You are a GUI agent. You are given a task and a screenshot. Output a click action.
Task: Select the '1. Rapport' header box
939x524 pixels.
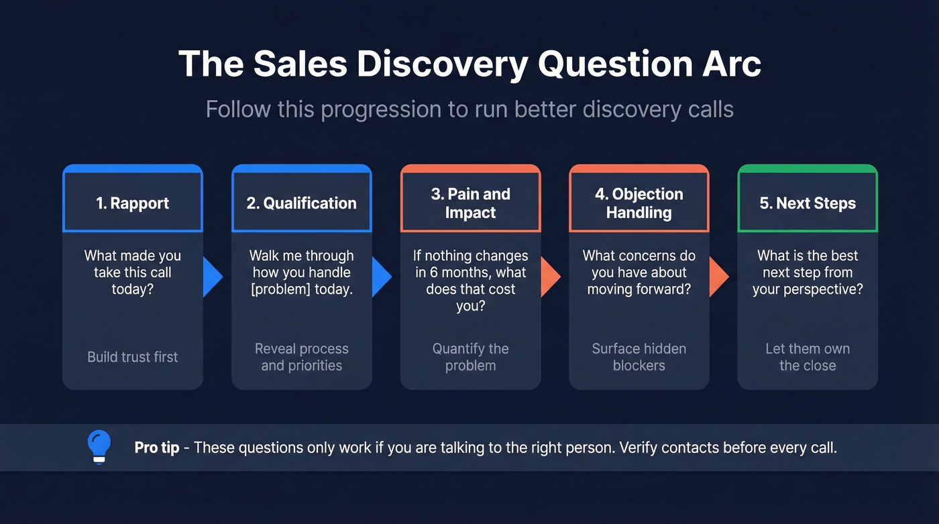[133, 203]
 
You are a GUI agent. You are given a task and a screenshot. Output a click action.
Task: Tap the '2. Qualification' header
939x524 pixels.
[301, 203]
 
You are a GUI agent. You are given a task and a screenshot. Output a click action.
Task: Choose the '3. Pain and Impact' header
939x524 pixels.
[470, 203]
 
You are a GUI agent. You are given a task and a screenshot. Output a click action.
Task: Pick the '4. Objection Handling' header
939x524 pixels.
[639, 203]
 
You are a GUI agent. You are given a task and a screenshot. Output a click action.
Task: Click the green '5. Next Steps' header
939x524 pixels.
[808, 203]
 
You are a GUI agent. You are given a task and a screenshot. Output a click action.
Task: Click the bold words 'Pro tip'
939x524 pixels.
[156, 448]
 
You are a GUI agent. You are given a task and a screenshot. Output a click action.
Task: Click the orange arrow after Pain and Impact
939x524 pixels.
[550, 276]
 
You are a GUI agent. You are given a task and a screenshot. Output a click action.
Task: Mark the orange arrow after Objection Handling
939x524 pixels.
[718, 276]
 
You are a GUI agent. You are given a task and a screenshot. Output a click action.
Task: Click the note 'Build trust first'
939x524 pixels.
[133, 357]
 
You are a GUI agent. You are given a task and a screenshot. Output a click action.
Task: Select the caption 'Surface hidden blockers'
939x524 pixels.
[639, 357]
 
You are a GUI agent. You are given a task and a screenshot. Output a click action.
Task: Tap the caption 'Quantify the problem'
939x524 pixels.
[470, 357]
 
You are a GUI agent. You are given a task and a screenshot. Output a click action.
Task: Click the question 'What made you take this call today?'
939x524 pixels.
[133, 272]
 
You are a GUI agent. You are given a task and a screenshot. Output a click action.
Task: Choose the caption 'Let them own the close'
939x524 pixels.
[808, 357]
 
